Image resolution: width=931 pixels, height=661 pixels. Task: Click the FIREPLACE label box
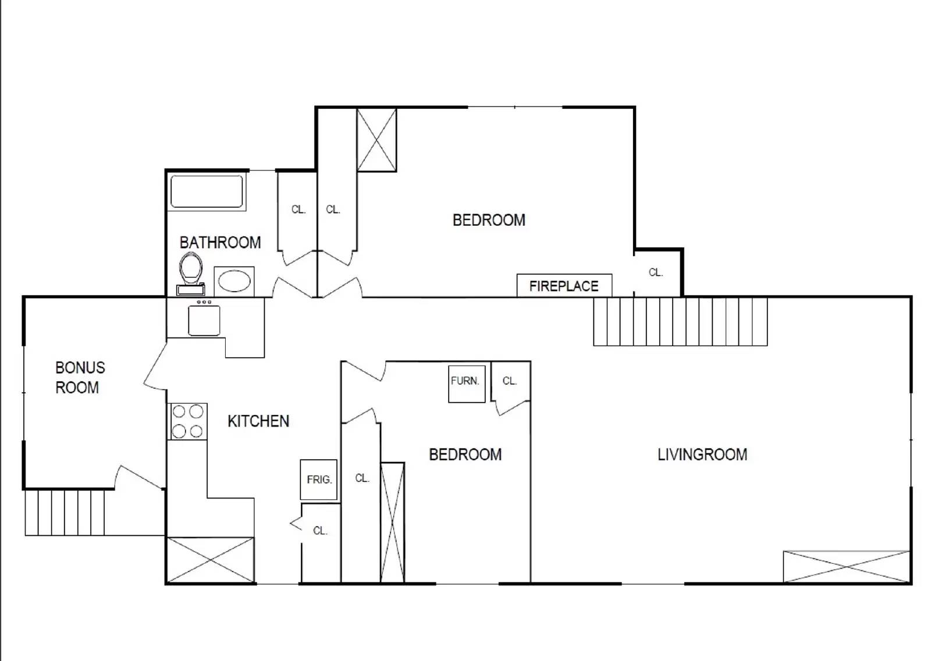click(564, 286)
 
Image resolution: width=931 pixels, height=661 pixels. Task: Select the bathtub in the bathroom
click(207, 191)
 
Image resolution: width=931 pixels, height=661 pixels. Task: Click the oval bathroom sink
click(234, 282)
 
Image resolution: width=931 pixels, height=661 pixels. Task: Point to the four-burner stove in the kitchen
click(187, 421)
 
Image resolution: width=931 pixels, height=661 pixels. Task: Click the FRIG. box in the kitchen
click(319, 479)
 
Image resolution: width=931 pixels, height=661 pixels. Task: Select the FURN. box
click(465, 382)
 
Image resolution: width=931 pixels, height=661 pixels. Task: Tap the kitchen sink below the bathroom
click(204, 319)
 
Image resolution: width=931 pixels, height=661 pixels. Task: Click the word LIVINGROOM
click(702, 454)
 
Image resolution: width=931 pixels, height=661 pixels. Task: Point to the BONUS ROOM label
click(79, 378)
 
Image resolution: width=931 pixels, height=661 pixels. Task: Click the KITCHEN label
click(258, 421)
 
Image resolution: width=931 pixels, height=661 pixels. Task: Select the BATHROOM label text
click(220, 243)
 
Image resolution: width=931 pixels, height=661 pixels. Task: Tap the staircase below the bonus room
click(65, 512)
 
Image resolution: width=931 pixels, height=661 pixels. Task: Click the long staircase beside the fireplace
click(680, 321)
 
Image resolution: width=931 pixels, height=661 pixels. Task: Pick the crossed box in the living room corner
click(846, 566)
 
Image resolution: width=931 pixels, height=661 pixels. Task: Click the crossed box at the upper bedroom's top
click(376, 140)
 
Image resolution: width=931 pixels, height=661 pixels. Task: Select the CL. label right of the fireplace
click(656, 272)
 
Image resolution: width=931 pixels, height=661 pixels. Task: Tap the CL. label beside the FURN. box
click(510, 381)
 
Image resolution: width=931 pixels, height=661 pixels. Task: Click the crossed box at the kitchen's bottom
click(211, 560)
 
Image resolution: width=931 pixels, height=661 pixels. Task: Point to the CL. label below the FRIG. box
click(320, 531)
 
